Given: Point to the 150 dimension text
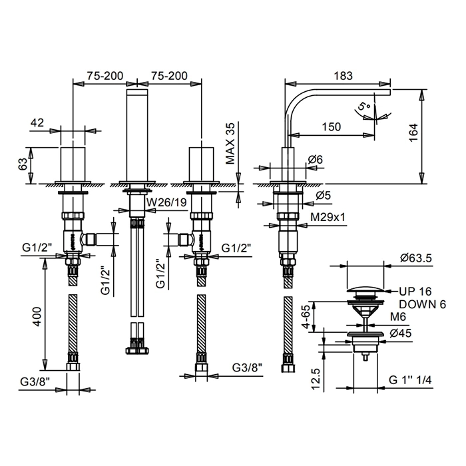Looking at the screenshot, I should click(331, 127).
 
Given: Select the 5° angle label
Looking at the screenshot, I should click(363, 107).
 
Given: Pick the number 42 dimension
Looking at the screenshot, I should click(37, 122).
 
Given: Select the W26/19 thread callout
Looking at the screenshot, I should click(167, 203).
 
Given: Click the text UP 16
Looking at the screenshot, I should click(417, 290).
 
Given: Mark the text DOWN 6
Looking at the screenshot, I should click(422, 304).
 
